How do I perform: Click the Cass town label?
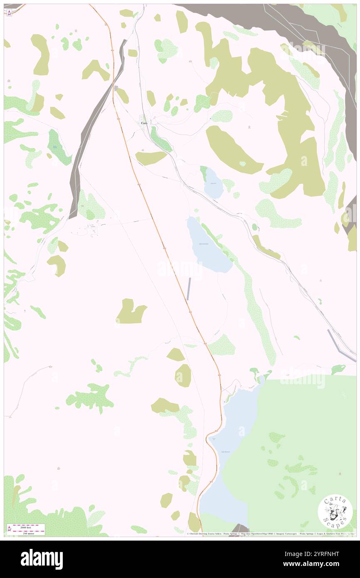point(144,123)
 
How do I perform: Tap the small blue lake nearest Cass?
point(214,183)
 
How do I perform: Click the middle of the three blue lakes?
point(208,245)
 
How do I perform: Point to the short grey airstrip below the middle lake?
point(190,289)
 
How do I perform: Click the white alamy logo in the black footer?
point(42,559)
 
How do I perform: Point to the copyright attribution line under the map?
point(270,534)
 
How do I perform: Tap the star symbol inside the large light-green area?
point(340,474)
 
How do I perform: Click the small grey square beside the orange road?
point(116,88)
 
